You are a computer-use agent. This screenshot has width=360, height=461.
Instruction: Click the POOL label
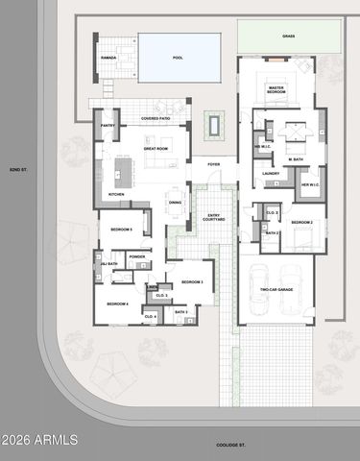point(178,58)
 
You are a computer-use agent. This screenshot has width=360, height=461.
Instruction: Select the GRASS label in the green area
point(288,36)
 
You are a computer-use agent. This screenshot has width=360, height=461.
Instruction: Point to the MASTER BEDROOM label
point(276,89)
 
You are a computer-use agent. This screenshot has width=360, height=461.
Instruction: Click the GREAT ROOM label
point(157,149)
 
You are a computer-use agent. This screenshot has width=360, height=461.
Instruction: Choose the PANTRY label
point(108,125)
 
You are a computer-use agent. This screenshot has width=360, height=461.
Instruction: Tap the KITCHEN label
point(116,194)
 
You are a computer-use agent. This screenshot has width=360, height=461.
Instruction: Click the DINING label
point(175,202)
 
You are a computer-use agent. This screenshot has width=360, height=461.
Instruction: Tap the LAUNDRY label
point(271,174)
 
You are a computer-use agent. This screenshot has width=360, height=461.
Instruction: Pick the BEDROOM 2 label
point(302,222)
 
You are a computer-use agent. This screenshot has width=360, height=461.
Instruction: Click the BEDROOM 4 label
point(117,303)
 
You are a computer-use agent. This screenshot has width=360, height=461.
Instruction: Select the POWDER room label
point(136,257)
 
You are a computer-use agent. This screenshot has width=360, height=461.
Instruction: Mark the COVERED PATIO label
point(156,118)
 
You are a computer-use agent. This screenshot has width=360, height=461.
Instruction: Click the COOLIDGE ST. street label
point(231,445)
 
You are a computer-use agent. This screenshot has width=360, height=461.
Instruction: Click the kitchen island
point(124,171)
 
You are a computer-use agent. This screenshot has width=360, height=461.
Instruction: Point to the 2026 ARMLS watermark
point(35,440)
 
